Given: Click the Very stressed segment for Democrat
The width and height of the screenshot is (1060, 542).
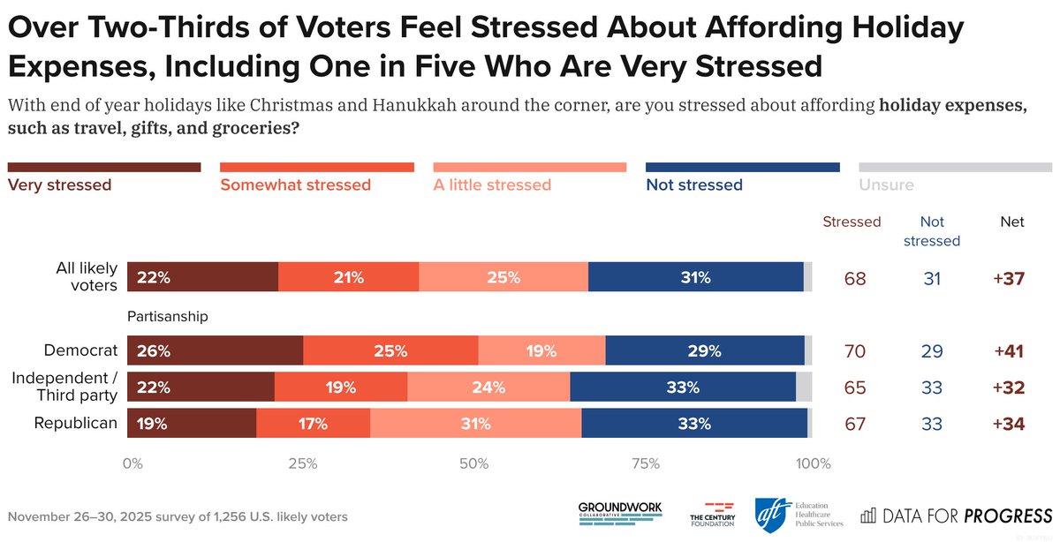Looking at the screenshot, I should point(215,350).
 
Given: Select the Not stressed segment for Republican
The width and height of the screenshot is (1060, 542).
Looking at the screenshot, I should point(694,424).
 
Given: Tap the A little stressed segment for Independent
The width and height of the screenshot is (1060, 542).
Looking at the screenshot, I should point(488,388).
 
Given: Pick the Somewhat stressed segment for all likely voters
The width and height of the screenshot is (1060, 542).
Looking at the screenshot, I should point(349,278).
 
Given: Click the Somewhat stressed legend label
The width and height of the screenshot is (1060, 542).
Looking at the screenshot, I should point(295,185).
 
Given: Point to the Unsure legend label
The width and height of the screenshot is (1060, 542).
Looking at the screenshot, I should point(886,185).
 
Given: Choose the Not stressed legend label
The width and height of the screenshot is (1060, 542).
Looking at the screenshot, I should point(694,185).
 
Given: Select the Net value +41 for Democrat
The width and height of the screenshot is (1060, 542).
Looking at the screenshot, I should point(1008,350).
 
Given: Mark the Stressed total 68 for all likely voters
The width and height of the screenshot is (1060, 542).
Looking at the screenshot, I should point(854,278).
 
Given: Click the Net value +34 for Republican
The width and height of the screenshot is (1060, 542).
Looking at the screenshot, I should point(1008,424).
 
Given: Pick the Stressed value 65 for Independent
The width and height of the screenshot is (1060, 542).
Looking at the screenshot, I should point(854,388).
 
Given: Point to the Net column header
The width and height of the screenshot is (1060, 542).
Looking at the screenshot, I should point(1012,222).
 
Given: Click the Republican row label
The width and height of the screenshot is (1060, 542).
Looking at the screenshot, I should point(76,424).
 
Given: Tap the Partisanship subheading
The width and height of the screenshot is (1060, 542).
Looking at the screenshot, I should point(168,316).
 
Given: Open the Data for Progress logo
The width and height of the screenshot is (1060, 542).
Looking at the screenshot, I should point(956,515).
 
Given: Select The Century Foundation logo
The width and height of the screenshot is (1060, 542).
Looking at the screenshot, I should point(712,515).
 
